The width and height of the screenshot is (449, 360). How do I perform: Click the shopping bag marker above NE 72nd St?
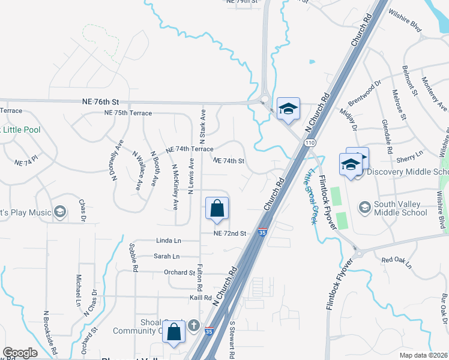[x=217, y=208]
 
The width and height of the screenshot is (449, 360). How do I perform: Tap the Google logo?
[x=20, y=353]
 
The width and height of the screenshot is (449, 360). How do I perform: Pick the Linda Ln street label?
[x=169, y=241]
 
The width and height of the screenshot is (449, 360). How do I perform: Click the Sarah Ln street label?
[x=167, y=256]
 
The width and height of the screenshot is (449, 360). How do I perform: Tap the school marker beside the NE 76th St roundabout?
[x=288, y=109]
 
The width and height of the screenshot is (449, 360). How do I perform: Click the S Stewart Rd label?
[x=232, y=340]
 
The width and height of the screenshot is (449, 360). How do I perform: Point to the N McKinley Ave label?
[x=175, y=187]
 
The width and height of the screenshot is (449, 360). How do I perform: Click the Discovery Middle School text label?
[x=408, y=172]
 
